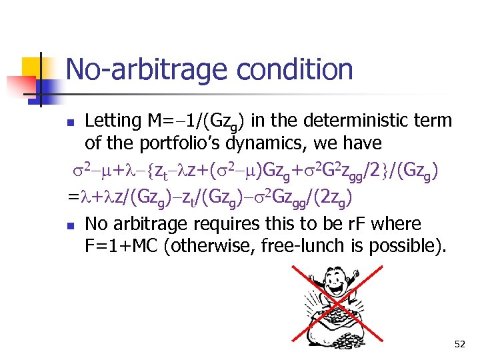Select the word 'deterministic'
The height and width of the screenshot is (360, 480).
(351, 121)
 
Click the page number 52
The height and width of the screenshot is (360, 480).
(459, 344)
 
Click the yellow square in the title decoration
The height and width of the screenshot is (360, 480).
(33, 68)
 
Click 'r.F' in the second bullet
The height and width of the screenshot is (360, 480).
(359, 223)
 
